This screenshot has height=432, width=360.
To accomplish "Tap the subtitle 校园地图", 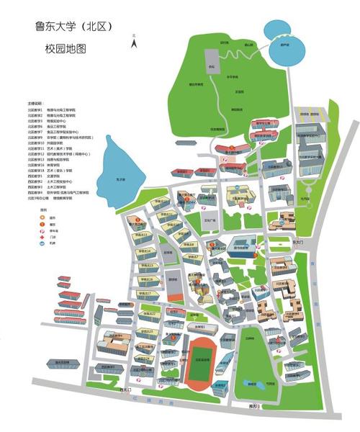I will pos(66,50).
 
